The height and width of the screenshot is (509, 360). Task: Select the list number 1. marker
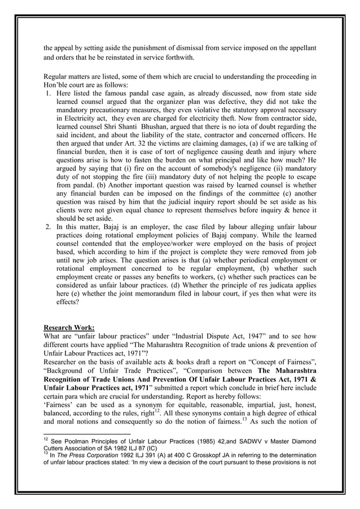pyautogui.click(x=49, y=93)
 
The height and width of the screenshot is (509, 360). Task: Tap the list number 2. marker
pyautogui.click(x=49, y=226)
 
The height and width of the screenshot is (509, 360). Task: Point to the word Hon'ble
pyautogui.click(x=58, y=84)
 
